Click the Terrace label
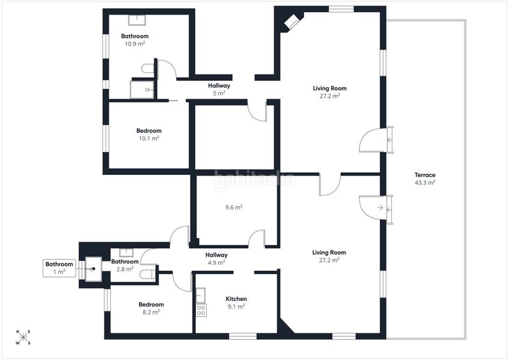coord(425,175)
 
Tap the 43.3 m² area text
coord(425,183)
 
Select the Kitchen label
coord(236,299)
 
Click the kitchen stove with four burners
coord(201,310)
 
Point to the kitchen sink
coord(200,295)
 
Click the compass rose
coord(24,338)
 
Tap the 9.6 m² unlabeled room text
coord(234,207)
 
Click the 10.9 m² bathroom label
coord(135,39)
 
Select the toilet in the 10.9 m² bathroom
coord(148,69)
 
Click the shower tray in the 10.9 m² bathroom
coord(142,89)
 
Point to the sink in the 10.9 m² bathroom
coord(137,20)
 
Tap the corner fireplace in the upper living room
coord(291,22)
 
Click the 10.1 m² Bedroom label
coord(149,134)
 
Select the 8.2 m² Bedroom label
coord(151,308)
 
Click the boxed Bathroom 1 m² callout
coord(59,268)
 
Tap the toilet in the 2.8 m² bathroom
coord(148,275)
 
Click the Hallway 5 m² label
coord(219,89)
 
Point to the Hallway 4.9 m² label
coord(216,259)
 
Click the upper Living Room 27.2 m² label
coord(330,92)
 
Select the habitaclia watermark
coord(254,179)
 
